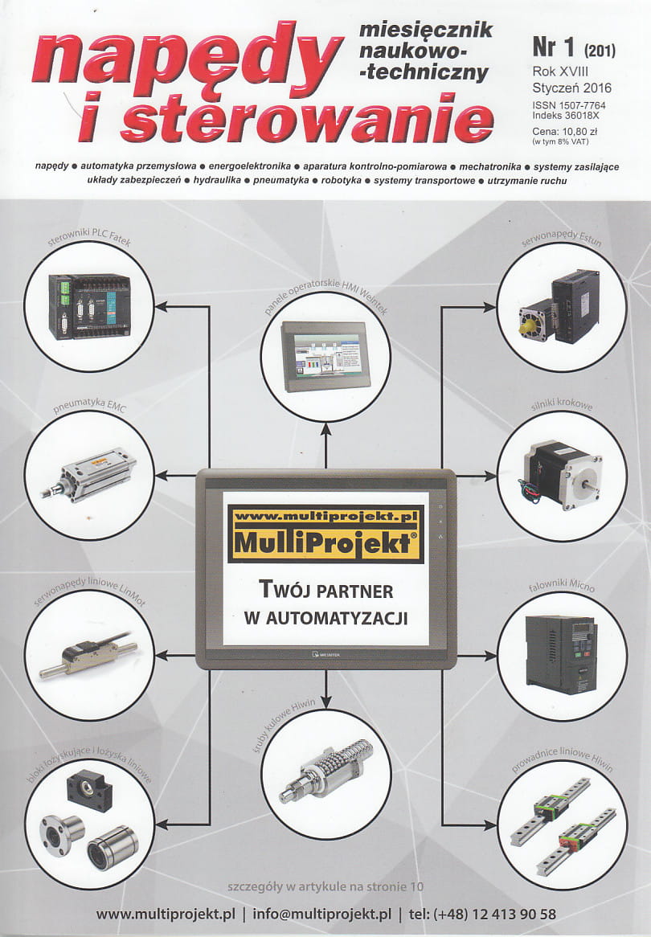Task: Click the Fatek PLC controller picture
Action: (89, 306)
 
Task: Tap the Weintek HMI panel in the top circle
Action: (325, 356)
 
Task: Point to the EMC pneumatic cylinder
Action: (89, 474)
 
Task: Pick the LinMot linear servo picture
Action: (88, 654)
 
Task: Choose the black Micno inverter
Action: (561, 654)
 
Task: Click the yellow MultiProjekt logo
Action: (325, 535)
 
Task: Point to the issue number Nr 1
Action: (553, 47)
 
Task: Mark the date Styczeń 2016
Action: (572, 88)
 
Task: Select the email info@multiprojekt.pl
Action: (321, 914)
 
